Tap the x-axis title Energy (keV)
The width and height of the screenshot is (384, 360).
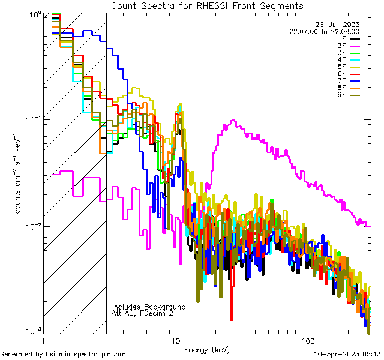tap(207, 349)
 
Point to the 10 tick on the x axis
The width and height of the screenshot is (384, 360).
tap(175, 340)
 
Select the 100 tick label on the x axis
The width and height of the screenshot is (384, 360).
tap(308, 340)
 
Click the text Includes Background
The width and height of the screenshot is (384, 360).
tap(149, 307)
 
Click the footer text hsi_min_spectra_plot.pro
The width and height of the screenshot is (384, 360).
tap(86, 354)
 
